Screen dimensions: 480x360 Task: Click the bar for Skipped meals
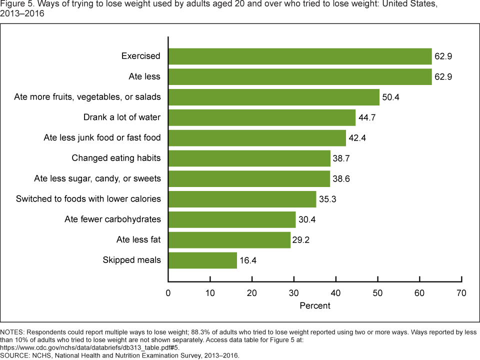pos(202,260)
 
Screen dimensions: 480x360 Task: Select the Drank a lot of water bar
pos(262,117)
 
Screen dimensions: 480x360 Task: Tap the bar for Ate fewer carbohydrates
pos(232,220)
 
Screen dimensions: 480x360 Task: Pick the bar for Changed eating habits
pos(249,158)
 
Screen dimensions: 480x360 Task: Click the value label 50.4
pos(390,97)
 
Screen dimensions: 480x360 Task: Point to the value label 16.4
pos(248,260)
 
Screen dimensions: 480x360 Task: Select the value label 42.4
pos(357,138)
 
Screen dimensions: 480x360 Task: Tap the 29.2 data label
pos(301,240)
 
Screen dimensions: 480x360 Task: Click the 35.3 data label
pos(327,199)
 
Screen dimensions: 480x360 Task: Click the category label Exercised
pos(141,56)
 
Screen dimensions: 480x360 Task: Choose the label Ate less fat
pos(138,239)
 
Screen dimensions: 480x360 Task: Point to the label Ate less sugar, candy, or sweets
pos(97,178)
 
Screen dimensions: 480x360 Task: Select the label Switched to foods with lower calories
pos(88,199)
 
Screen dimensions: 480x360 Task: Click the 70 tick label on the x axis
pos(461,293)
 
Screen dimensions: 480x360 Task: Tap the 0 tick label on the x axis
pos(168,293)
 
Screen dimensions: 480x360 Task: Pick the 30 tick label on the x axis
pos(294,293)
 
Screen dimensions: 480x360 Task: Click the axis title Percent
pos(315,306)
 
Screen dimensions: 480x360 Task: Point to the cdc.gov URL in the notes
pos(89,348)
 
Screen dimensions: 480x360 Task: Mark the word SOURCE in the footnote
pos(14,355)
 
